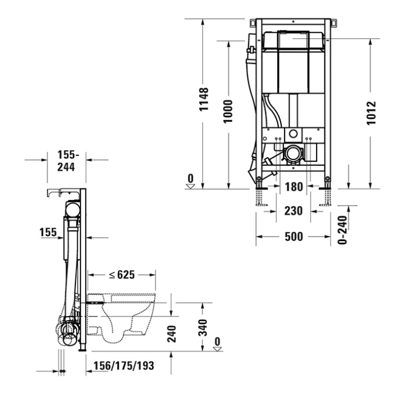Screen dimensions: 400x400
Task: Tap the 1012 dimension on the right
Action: [x=372, y=112]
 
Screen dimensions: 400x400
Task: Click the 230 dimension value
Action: [x=293, y=211]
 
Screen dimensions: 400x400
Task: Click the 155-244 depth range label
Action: [x=68, y=161]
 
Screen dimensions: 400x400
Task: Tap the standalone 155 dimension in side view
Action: [x=48, y=232]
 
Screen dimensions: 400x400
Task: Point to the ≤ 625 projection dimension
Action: [x=121, y=275]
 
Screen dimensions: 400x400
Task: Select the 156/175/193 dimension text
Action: [x=123, y=366]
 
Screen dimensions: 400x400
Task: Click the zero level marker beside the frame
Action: [x=190, y=181]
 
